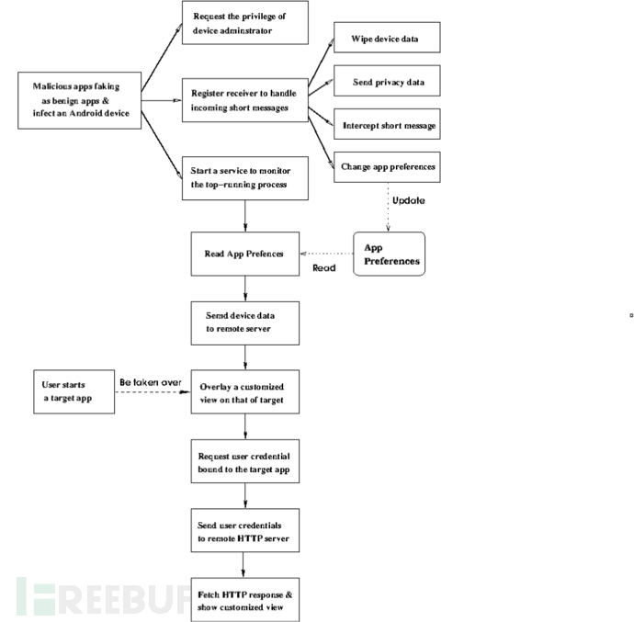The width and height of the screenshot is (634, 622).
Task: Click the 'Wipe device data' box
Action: coord(387,38)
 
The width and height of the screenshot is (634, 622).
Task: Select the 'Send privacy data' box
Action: coord(387,81)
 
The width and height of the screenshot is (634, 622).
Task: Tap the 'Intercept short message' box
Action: coord(387,124)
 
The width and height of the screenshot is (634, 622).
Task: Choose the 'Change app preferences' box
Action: coord(387,167)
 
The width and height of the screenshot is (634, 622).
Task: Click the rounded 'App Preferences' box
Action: coord(389,254)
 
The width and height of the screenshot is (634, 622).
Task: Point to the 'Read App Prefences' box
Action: coord(245,254)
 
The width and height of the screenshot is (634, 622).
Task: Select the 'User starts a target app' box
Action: coord(74,391)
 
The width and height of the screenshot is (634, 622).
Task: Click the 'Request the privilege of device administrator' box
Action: coord(245,23)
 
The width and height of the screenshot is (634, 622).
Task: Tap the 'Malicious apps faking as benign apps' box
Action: coord(80,101)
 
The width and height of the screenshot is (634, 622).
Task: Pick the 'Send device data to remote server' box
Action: coord(245,323)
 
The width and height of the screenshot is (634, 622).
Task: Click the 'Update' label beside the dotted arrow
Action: coord(408,200)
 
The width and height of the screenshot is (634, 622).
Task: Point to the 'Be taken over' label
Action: coord(151,382)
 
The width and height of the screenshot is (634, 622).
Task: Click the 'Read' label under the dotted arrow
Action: coord(323,267)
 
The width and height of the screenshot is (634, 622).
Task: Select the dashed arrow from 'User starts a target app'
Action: coord(153,392)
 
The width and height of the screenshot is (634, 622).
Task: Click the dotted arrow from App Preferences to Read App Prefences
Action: coord(327,254)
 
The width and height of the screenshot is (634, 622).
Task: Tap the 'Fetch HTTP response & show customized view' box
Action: coord(245,600)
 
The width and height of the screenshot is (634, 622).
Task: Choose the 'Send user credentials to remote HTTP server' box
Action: coord(245,531)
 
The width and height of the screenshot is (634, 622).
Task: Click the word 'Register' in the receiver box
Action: coord(206,94)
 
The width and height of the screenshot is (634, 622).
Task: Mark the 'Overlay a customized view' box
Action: coord(245,391)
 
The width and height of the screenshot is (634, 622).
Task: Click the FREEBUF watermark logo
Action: coord(103,596)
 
